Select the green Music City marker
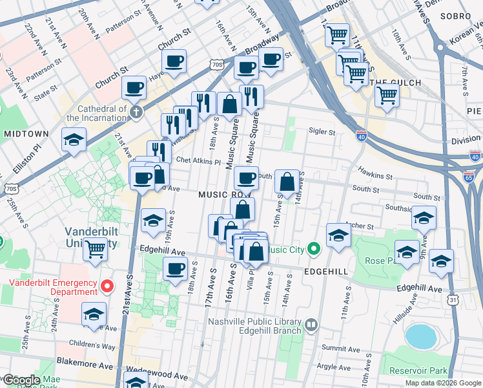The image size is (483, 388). (x=314, y=248)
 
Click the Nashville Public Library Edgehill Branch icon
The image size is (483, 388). (x=311, y=325)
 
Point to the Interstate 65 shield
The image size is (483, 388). (x=469, y=177)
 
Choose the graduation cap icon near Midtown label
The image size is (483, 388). (x=74, y=140)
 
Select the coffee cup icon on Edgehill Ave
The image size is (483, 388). (x=174, y=269)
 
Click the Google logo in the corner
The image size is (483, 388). (x=21, y=380)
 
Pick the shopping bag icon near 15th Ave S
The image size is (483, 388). (x=287, y=182)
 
